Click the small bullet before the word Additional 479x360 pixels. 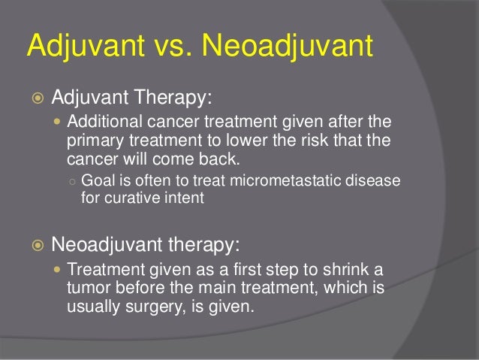click(59, 123)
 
